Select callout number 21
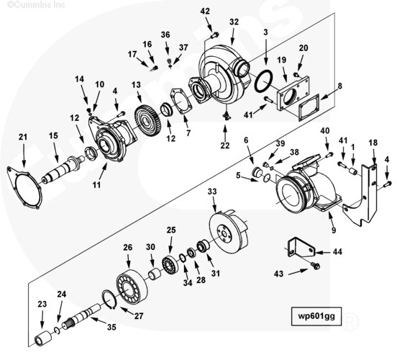pyautogui.click(x=23, y=138)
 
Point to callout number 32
pyautogui.click(x=234, y=22)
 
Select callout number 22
pyautogui.click(x=225, y=147)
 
